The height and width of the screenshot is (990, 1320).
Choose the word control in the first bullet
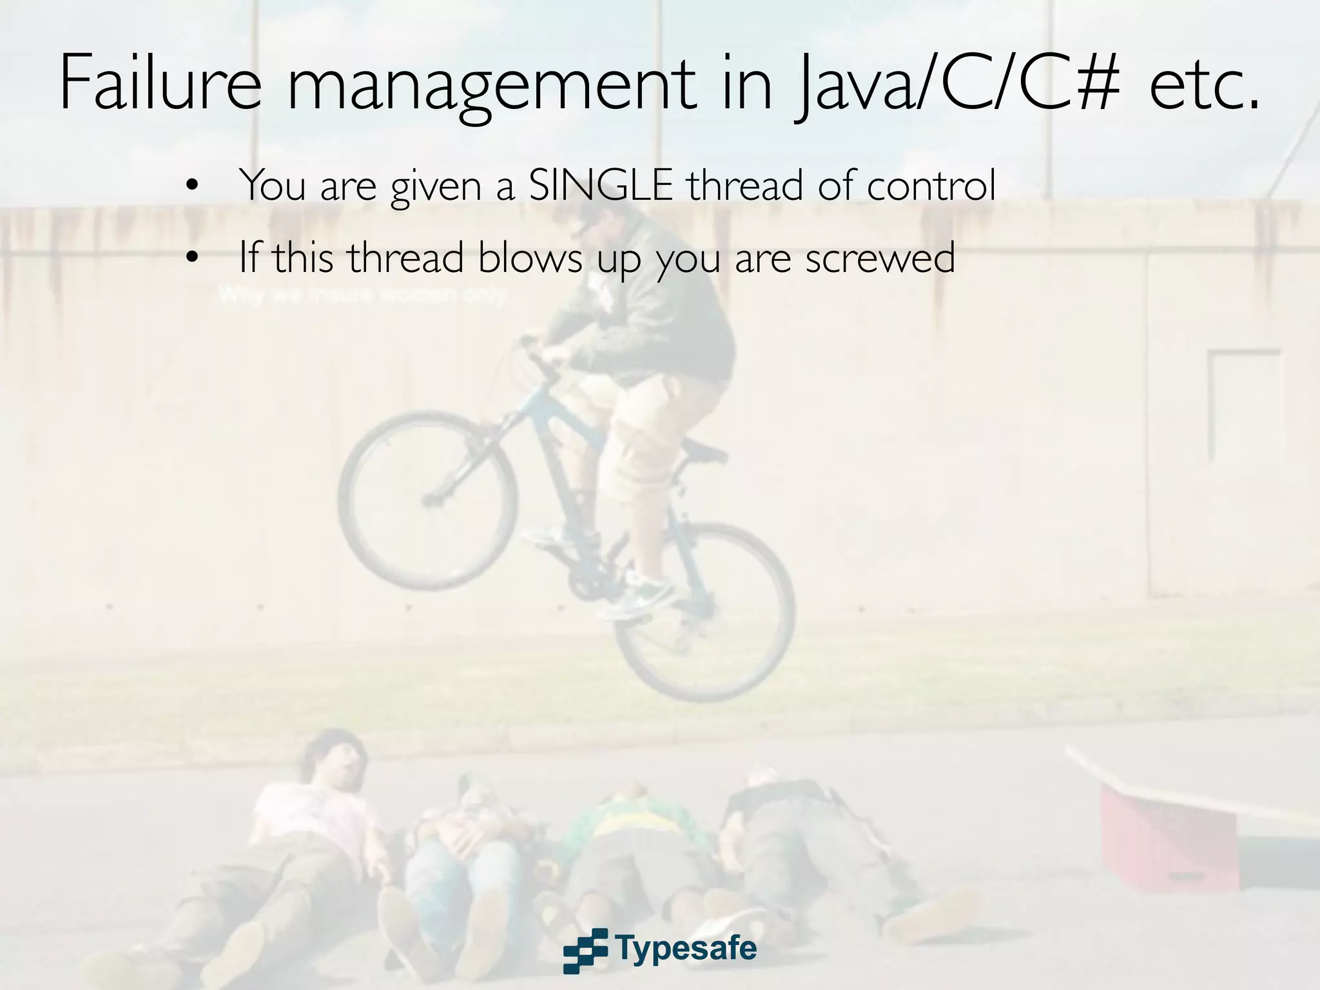click(x=931, y=186)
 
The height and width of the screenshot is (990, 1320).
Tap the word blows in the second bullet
click(x=530, y=258)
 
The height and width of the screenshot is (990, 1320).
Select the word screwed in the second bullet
click(x=879, y=258)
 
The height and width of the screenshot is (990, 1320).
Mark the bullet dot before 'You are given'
click(x=191, y=187)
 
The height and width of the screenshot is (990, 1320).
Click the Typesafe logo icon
click(x=585, y=950)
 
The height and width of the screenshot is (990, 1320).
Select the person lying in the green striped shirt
click(x=635, y=838)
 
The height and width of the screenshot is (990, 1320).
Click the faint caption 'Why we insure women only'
click(x=364, y=296)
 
